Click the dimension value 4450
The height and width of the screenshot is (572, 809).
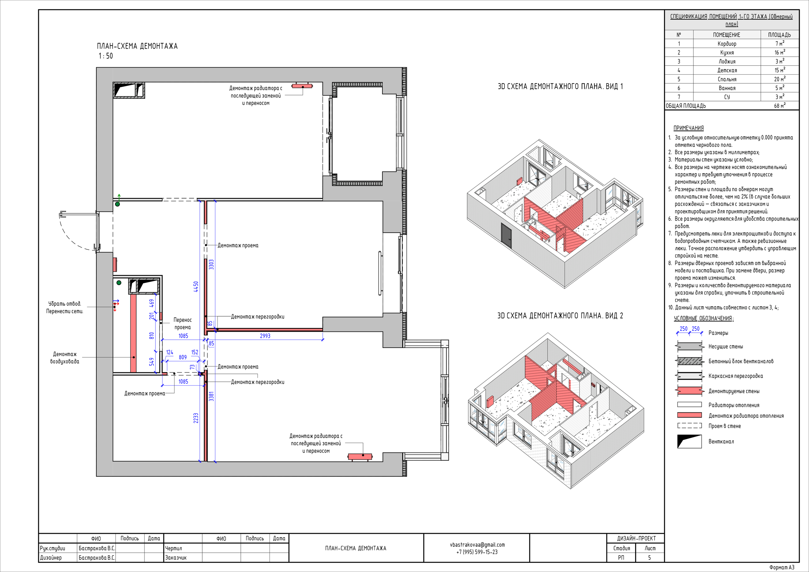196,287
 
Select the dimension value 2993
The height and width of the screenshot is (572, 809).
265,336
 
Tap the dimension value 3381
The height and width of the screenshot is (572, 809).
211,396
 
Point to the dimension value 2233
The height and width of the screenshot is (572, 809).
196,418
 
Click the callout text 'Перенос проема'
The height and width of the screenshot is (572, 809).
183,324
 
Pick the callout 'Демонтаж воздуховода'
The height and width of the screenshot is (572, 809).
64,358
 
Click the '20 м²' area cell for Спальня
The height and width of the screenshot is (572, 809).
779,79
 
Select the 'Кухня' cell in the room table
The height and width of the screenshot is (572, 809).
727,52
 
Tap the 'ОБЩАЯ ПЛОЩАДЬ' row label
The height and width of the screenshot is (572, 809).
686,106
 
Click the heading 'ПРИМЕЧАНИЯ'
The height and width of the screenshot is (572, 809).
689,128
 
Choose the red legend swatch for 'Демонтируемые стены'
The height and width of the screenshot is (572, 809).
689,391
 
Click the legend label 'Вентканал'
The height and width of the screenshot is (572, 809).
721,441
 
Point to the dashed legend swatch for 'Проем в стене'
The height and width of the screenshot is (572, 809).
690,425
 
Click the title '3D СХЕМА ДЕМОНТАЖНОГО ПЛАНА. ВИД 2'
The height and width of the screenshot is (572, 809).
560,316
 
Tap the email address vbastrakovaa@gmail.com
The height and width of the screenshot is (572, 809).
477,545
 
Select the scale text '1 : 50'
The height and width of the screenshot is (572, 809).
106,56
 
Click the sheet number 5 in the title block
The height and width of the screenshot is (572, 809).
649,557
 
